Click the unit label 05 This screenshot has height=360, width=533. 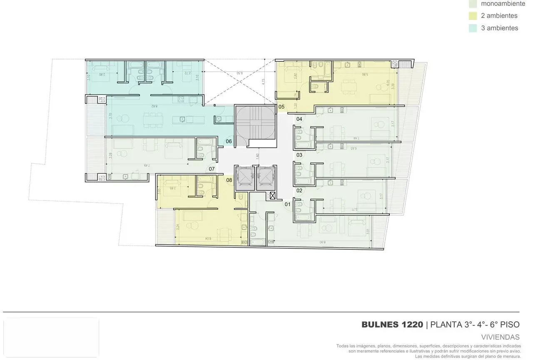(281, 107)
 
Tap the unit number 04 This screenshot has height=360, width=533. (299, 119)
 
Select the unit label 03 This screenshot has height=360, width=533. (299, 155)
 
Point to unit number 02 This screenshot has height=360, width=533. (299, 191)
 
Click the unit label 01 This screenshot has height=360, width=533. (287, 204)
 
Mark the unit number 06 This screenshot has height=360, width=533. (229, 142)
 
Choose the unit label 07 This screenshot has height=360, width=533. (212, 169)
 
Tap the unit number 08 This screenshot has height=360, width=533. (229, 180)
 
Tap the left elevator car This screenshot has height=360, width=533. (245, 178)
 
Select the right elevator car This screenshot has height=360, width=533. (266, 178)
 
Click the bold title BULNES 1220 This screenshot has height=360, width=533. (392, 325)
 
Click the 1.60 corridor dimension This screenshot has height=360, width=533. (258, 157)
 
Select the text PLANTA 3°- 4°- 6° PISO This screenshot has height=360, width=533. (475, 325)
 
